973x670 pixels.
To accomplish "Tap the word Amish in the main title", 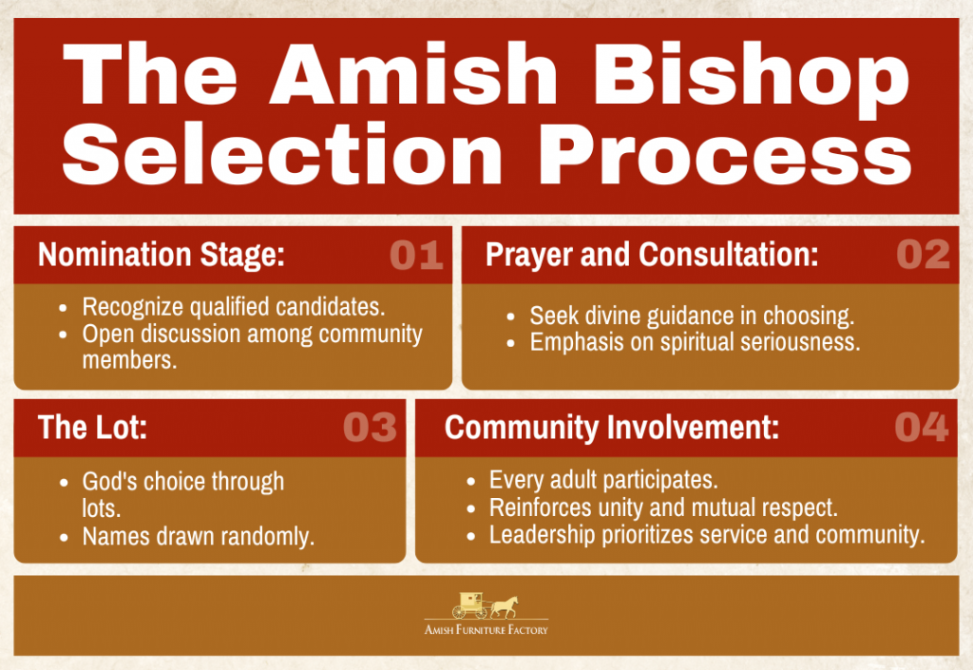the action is tap(413, 73).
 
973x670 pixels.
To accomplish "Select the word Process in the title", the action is tap(725, 155).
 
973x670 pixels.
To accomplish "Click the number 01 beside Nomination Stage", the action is tap(416, 255).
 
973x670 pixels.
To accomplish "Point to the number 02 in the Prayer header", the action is tap(923, 255).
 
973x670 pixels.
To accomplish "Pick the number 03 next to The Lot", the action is tap(370, 427).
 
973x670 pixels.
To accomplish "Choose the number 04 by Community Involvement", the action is tap(922, 427).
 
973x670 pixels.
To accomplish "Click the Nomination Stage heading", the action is tap(162, 255).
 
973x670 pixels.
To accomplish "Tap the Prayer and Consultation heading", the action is tap(652, 255).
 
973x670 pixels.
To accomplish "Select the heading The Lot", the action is tap(92, 428).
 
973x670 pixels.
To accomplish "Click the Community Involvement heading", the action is tap(612, 428).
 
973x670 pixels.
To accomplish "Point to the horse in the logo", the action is tap(506, 606).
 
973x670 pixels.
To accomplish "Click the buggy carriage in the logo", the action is tap(469, 604).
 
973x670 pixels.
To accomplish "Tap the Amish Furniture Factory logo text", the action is tap(486, 630).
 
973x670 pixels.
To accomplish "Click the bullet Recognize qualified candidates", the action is tap(234, 307).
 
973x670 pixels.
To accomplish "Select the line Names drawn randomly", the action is tap(199, 537).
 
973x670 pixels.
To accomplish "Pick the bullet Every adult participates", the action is tap(603, 480).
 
